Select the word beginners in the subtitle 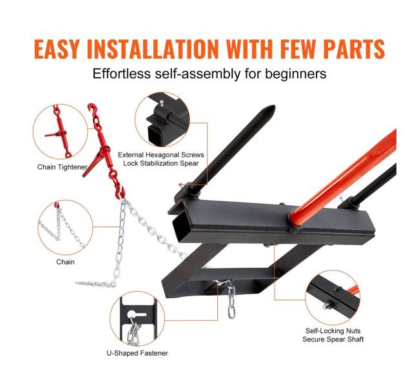295,74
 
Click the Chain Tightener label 63,167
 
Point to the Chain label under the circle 65,262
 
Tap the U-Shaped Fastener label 137,353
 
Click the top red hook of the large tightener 92,108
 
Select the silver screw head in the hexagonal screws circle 161,103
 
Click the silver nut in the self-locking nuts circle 327,306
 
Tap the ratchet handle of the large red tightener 92,164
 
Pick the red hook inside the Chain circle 57,205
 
